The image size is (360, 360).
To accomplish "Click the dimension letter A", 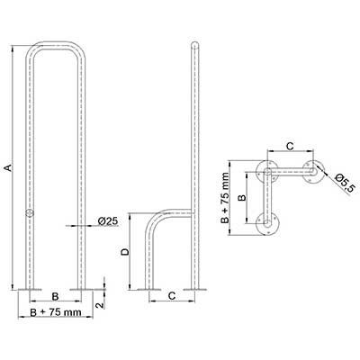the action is tap(9, 167).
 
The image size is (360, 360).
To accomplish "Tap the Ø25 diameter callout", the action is tap(108, 221).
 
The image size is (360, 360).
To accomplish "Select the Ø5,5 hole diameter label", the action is tap(346, 183).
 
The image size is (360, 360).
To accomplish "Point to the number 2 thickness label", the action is tap(101, 305).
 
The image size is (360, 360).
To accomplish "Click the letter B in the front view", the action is tap(55, 296).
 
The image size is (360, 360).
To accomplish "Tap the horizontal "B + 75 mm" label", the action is tap(56, 312).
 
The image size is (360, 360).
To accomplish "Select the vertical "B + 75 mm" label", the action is tap(225, 198).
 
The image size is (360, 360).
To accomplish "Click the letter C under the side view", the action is tap(171, 296).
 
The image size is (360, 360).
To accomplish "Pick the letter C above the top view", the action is tap(290, 146).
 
